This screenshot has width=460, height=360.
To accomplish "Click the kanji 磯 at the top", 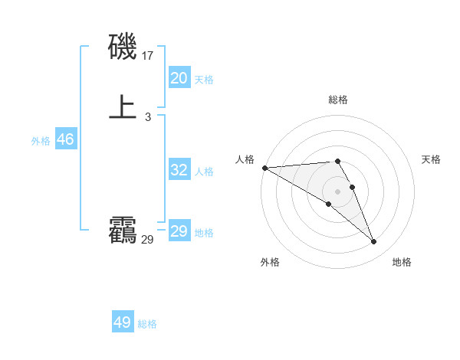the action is (x=123, y=47).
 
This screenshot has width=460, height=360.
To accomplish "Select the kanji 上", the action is (x=123, y=106).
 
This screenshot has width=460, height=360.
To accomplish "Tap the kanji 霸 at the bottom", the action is (x=123, y=231).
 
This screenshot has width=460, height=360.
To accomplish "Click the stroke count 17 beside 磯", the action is (x=148, y=55).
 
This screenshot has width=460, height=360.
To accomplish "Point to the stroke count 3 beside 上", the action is (x=147, y=116).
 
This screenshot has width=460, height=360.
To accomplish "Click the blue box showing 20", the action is (x=179, y=78).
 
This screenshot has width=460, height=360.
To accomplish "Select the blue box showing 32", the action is (x=179, y=170).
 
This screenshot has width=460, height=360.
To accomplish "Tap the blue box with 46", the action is (x=65, y=139).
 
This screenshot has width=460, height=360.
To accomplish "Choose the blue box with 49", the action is (x=123, y=322).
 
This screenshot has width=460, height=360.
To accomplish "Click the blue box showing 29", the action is (x=179, y=231).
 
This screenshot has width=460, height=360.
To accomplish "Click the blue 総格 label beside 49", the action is (x=147, y=324).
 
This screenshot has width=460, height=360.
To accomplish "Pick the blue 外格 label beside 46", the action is (x=41, y=141).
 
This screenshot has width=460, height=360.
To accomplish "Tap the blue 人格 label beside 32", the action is (x=205, y=172).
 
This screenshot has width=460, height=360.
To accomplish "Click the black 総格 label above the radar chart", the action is (x=338, y=100).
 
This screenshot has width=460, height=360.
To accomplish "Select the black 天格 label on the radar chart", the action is (x=432, y=159).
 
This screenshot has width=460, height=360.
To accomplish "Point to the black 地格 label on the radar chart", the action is (x=402, y=262).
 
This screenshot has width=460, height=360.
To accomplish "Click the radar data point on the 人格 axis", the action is (x=264, y=168).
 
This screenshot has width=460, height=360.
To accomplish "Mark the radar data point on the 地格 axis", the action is (x=374, y=242).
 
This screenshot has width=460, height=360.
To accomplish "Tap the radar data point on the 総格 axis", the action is (x=337, y=161).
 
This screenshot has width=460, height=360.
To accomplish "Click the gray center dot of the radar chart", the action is (x=337, y=191).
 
